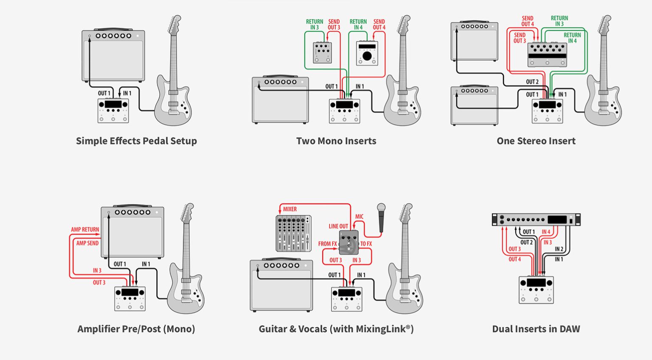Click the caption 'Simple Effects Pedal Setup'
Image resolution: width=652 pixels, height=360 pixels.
click(136, 141)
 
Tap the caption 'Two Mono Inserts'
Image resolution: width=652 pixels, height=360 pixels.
click(336, 141)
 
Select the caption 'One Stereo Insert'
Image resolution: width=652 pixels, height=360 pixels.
click(536, 141)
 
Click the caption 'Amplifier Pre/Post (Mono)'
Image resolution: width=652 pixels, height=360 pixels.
click(136, 329)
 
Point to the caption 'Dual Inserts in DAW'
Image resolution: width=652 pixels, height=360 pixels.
click(536, 329)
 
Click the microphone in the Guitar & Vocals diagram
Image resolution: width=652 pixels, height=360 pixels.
click(381, 217)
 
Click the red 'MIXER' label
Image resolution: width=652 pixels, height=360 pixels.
click(290, 209)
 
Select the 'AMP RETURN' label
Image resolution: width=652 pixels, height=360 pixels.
click(85, 230)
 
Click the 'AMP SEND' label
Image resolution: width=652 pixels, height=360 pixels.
click(87, 243)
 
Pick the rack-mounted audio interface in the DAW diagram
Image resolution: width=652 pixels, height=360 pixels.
click(536, 219)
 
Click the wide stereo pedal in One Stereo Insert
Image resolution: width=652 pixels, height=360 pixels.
click(547, 54)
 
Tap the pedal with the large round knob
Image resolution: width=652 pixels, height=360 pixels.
click(367, 53)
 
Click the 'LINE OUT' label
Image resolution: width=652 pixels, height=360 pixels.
click(338, 226)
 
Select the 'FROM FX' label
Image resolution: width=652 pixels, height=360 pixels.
click(327, 244)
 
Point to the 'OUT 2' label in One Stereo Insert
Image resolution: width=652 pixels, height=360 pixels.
click(532, 82)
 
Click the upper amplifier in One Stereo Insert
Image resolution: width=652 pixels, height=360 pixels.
click(474, 41)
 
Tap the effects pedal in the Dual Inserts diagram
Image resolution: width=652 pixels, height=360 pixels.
click(536, 290)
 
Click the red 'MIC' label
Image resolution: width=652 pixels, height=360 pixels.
click(360, 217)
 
